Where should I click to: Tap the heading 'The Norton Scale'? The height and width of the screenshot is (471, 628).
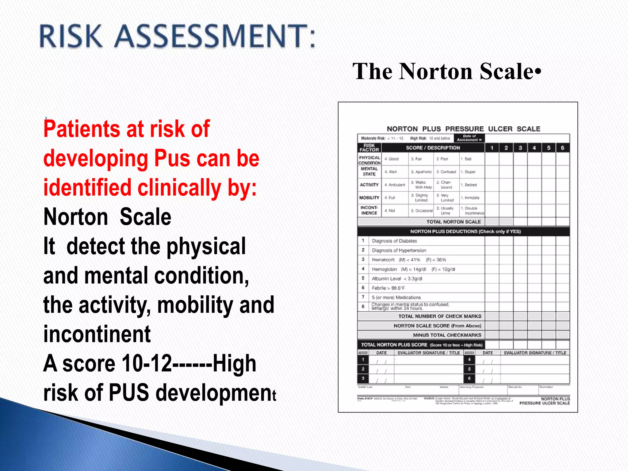[x=446, y=71]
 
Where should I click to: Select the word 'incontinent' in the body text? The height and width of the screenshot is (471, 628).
[x=97, y=334]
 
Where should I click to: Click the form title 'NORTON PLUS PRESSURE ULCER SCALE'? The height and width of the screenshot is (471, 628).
[x=463, y=129]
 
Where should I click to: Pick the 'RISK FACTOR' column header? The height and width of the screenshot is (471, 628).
[x=369, y=147]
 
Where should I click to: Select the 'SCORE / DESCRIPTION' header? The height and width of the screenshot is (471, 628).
[x=433, y=148]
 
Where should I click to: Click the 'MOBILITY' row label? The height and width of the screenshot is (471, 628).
[x=369, y=198]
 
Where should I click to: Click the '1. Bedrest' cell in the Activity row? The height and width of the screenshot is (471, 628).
[x=469, y=185]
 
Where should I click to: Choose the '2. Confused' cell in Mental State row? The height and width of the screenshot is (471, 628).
[x=446, y=172]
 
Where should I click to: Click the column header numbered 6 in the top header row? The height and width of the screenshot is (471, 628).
[x=562, y=148]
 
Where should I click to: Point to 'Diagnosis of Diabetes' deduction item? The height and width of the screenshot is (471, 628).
[x=394, y=241]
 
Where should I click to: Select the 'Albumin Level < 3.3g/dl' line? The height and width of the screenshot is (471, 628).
[x=397, y=279]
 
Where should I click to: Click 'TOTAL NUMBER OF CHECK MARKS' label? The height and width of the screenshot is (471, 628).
[x=440, y=316]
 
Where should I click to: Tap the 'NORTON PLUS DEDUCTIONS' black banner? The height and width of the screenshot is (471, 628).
[x=463, y=232]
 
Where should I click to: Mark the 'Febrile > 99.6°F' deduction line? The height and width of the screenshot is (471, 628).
[x=388, y=288]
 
